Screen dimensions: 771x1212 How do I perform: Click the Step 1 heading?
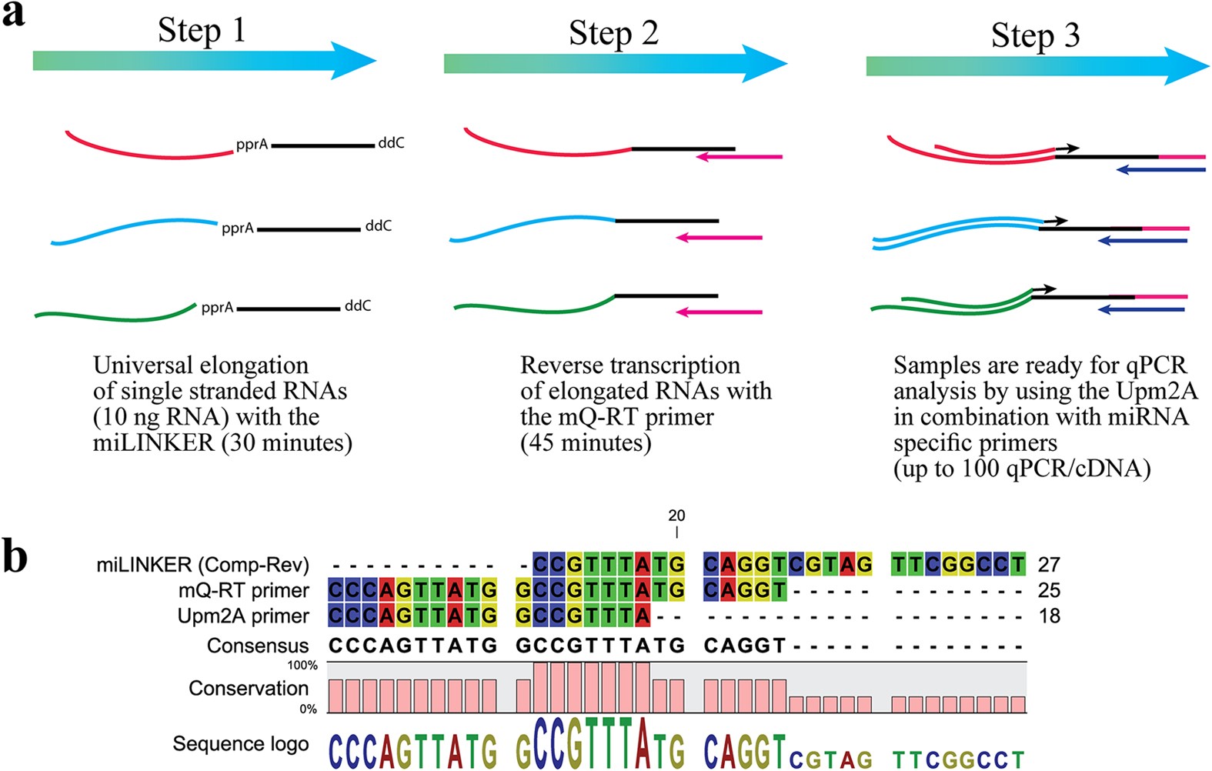point(202,31)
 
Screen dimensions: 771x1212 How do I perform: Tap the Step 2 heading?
point(613,33)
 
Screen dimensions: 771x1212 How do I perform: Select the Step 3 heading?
point(1035,35)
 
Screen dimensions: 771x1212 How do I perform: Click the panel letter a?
point(13,14)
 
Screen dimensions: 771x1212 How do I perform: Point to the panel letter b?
point(15,556)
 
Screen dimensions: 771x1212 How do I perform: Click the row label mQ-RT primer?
point(243,591)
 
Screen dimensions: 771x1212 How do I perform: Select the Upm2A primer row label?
point(242,616)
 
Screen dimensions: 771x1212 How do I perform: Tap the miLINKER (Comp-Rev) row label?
point(202,566)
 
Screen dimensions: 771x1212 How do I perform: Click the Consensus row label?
point(258,646)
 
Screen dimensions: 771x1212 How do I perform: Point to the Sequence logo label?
point(240,744)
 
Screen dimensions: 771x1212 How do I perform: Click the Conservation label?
point(249,688)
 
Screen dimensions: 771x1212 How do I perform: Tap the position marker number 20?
point(676,516)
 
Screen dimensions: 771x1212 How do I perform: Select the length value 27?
point(1049,565)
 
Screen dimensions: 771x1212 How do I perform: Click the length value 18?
point(1049,616)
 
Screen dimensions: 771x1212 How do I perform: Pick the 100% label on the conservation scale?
point(302,666)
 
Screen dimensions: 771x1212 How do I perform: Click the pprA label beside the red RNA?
point(252,145)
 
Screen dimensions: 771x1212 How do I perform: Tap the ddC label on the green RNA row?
point(358,306)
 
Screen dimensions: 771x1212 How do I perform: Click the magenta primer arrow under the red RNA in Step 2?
point(739,157)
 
